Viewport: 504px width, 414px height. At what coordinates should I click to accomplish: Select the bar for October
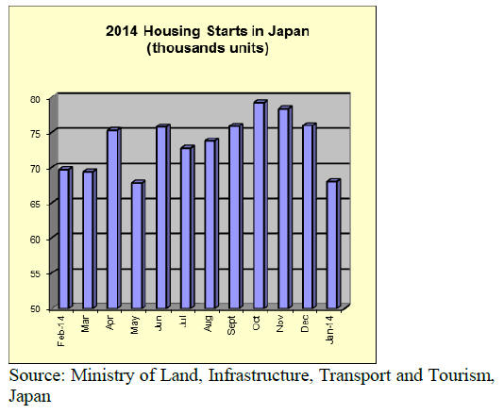tap(260, 205)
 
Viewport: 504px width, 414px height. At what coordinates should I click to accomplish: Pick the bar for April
tap(114, 218)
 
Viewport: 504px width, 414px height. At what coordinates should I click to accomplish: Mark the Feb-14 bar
tap(65, 238)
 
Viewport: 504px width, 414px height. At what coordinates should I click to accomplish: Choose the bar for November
tap(285, 207)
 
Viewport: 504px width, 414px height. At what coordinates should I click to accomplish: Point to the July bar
tap(188, 226)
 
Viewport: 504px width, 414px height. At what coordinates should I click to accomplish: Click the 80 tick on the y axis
tap(35, 100)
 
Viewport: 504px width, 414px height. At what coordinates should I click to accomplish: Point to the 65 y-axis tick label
tap(35, 205)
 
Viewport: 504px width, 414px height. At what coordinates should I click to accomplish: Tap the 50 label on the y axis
tap(35, 309)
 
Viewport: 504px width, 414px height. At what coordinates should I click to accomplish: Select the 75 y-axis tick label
tap(35, 134)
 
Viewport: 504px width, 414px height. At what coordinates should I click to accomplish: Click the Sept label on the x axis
tap(231, 325)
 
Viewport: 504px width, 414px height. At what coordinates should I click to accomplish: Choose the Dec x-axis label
tap(305, 323)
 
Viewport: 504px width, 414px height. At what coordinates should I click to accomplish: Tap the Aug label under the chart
tap(208, 323)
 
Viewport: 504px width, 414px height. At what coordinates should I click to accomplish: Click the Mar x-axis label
tap(85, 323)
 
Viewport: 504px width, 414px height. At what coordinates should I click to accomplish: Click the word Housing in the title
tap(172, 31)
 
